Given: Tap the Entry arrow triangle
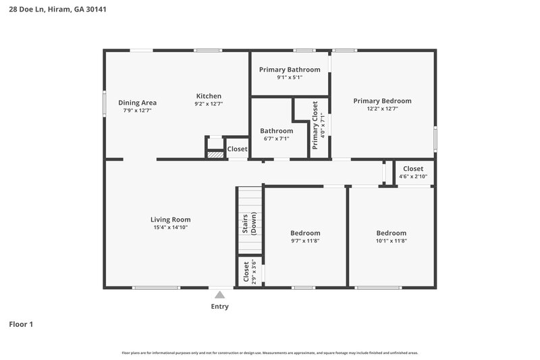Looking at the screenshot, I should [219, 294].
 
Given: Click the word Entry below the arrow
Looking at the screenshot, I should [219, 307].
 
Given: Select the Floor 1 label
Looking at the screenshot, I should [21, 325].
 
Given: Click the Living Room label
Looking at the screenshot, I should [170, 220].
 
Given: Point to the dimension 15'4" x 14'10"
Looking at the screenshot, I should [170, 228].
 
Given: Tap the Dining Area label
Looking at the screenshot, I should [138, 103].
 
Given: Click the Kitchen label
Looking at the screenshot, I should [209, 96].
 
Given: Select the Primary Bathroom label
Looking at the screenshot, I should [290, 70].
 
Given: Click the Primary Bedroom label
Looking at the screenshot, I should [382, 101].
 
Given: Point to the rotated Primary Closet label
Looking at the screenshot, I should [315, 125].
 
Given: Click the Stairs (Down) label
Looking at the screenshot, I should [249, 223].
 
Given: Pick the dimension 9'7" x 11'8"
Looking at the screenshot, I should [305, 241].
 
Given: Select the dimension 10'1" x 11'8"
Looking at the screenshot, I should [391, 241].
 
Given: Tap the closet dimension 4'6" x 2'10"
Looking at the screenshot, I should [413, 177].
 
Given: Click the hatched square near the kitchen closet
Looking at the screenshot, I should [215, 155].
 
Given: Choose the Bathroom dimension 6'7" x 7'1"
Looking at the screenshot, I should [277, 139].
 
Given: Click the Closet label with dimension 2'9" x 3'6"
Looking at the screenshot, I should [246, 272].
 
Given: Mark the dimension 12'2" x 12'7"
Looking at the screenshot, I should [382, 109].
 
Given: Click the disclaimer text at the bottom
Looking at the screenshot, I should [270, 353].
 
